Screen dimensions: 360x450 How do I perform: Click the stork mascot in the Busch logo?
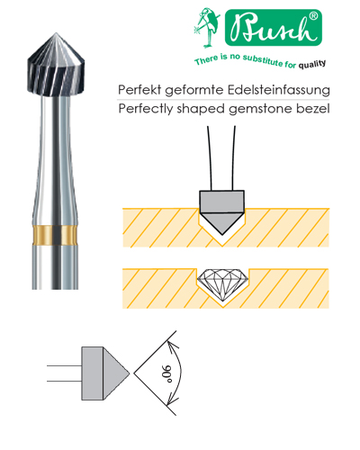(206, 28)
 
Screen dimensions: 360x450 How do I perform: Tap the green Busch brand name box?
(274, 28)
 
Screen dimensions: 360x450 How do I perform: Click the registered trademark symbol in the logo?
(313, 16)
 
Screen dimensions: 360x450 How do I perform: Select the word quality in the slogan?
(312, 64)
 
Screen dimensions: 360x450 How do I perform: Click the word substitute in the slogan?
(263, 60)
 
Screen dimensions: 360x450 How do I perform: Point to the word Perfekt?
(139, 90)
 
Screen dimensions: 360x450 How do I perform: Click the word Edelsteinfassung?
(279, 90)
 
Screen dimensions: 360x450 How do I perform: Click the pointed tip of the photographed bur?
(56, 33)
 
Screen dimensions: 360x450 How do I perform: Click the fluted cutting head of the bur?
(56, 65)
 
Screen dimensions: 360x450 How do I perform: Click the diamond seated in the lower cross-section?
(222, 284)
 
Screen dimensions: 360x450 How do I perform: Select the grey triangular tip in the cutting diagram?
(222, 223)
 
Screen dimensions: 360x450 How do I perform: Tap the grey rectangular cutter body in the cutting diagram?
(222, 202)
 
